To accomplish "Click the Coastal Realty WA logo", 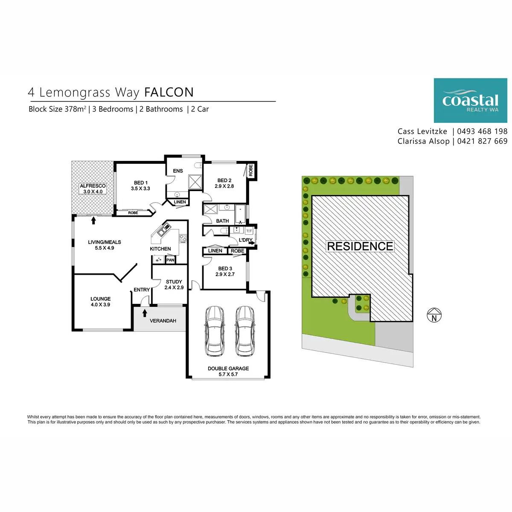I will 470,101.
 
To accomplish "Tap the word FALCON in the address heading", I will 169,92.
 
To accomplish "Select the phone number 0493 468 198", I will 482,131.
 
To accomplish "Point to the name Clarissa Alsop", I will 423,141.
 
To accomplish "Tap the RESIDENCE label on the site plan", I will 360,246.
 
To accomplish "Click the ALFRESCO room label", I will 93,186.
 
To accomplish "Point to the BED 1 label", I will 140,183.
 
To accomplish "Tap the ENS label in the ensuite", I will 178,171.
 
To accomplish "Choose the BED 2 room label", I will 224,180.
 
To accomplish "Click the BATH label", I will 222,221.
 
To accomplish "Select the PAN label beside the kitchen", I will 170,260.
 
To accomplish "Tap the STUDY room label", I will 174,282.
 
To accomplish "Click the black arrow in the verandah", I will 145,313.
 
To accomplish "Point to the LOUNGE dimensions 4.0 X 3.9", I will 100,305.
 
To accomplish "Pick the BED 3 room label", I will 225,269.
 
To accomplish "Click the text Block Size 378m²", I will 57,109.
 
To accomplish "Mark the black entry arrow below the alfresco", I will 93,220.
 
